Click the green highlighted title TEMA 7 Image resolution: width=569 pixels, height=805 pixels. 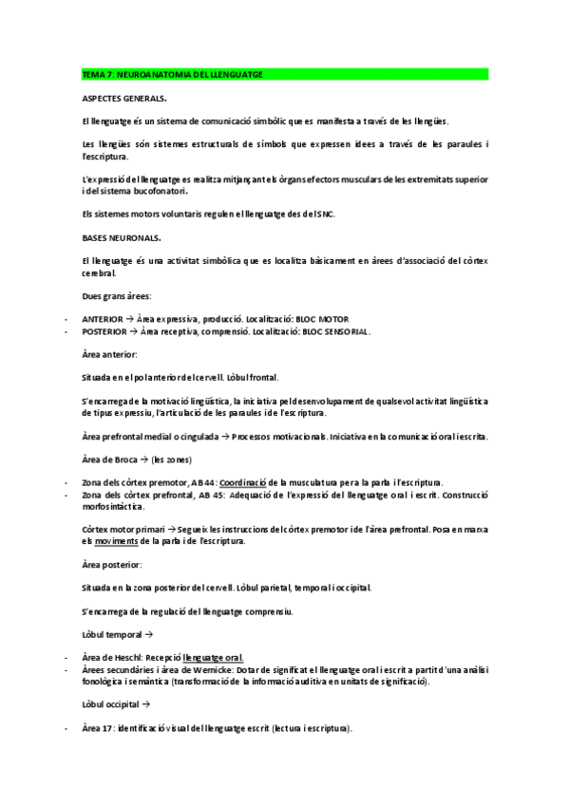(x=172, y=74)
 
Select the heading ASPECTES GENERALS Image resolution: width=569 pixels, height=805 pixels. (x=125, y=98)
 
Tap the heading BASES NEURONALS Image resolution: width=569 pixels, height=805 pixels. (x=122, y=236)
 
